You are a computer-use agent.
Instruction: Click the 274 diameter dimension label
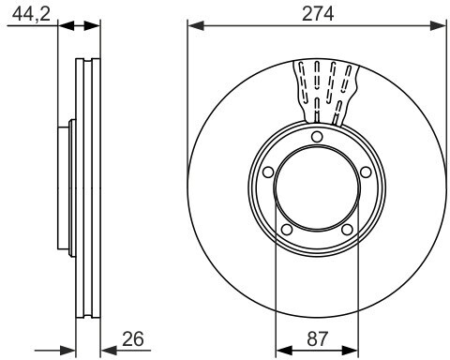pyautogui.click(x=318, y=14)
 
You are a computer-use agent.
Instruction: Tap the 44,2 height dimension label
pyautogui.click(x=31, y=14)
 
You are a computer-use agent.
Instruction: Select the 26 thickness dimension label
pyautogui.click(x=133, y=338)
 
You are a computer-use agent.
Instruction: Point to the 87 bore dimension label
pyautogui.click(x=318, y=338)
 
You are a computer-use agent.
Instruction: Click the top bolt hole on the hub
pyautogui.click(x=317, y=137)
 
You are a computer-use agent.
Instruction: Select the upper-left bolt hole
pyautogui.click(x=268, y=172)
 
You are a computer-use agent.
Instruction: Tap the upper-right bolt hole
pyautogui.click(x=366, y=172)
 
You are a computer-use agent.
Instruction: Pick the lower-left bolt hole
pyautogui.click(x=287, y=230)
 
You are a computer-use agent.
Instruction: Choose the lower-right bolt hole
pyautogui.click(x=347, y=230)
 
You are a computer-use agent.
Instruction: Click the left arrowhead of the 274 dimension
pyautogui.click(x=196, y=26)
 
